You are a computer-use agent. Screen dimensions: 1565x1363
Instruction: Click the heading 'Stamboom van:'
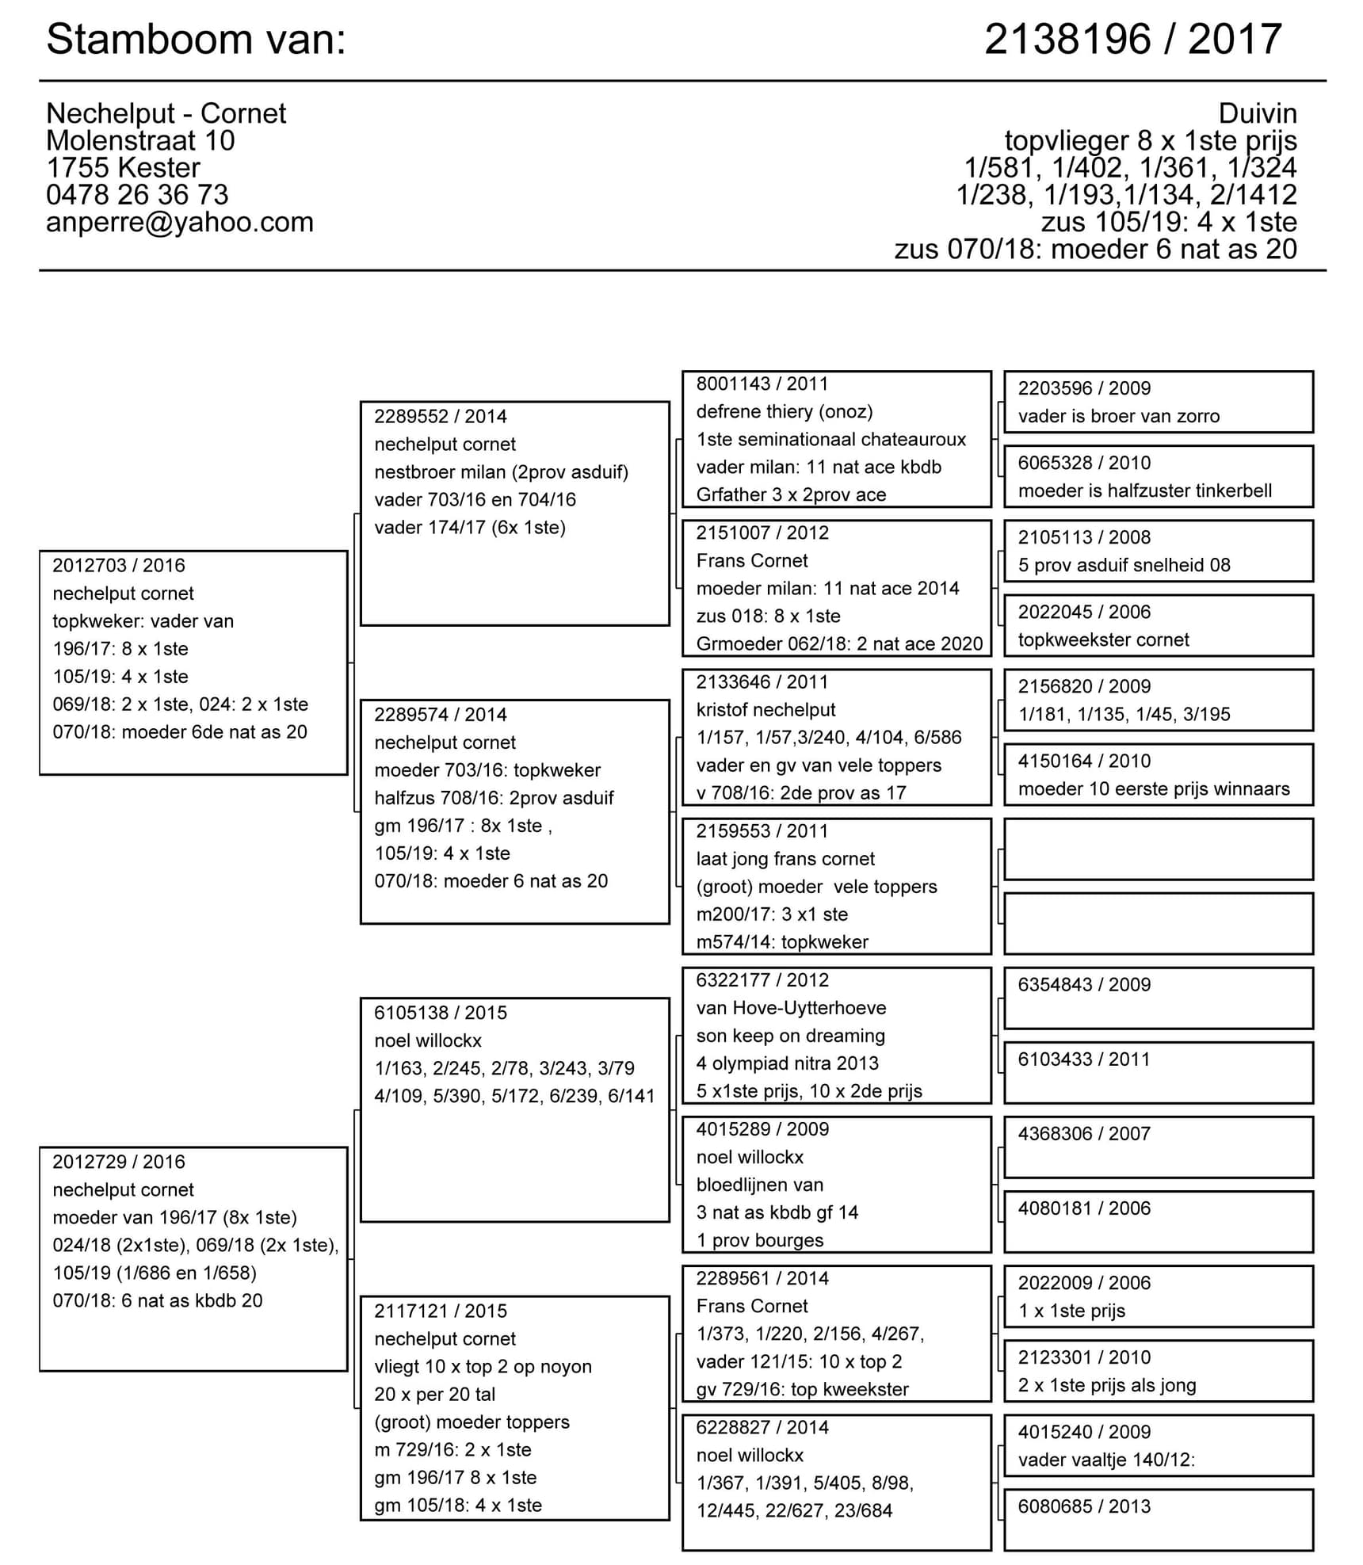(196, 40)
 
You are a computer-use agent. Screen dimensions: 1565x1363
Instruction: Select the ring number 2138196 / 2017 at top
(1132, 40)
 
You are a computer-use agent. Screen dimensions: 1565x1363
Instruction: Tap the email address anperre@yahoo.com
(179, 223)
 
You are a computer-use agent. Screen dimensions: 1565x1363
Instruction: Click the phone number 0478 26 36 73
(137, 195)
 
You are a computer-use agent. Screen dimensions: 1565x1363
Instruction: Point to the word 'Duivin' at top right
(1257, 113)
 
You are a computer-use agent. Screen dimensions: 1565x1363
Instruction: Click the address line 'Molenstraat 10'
(140, 141)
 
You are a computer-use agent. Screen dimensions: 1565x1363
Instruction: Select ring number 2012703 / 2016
(119, 566)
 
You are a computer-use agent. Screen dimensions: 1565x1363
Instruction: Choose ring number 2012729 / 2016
(119, 1162)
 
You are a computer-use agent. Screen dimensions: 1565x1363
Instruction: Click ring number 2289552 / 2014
(441, 417)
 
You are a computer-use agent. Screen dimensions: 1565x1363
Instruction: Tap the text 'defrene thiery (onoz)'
(784, 412)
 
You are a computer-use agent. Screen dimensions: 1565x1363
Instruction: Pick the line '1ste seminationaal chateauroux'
(830, 440)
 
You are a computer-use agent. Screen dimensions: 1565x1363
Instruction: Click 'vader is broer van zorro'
(1118, 417)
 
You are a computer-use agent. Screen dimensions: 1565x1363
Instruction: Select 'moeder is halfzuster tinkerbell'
(1144, 491)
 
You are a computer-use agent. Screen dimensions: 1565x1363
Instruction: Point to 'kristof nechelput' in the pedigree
(765, 710)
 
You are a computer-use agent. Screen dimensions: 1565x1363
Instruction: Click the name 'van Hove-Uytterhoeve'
(791, 1008)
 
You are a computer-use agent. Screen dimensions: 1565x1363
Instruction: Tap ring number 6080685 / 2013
(1083, 1506)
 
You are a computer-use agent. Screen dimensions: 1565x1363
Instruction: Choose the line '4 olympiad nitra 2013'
(787, 1063)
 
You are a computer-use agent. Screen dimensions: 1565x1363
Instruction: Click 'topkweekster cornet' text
(1103, 640)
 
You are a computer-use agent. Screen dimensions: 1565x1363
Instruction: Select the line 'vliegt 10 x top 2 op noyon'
(483, 1367)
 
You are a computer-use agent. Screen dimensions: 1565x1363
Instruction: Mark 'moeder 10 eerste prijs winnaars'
(1153, 789)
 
